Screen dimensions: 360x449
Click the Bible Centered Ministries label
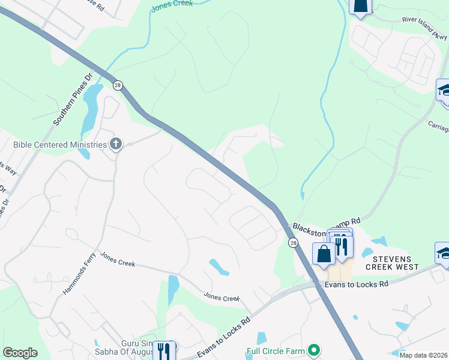coord(59,144)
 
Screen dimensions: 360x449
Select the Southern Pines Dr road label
coord(74,100)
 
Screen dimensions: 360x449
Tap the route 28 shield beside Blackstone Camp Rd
coord(293,242)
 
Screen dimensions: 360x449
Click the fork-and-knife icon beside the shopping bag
coord(341,246)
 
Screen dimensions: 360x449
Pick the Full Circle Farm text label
coord(276,350)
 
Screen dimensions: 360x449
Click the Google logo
coord(20,353)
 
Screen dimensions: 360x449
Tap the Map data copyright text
coord(423,355)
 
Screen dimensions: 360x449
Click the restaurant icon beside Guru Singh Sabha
coord(163,350)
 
